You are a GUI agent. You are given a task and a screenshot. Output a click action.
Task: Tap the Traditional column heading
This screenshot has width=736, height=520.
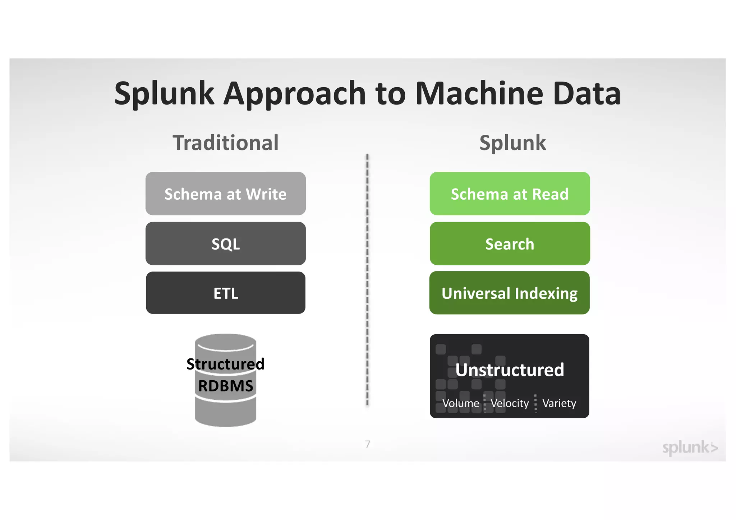click(x=225, y=143)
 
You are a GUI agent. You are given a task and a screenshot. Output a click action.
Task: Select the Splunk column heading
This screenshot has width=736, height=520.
click(x=512, y=143)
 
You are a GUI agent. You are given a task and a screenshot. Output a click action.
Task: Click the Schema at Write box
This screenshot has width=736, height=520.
click(x=225, y=194)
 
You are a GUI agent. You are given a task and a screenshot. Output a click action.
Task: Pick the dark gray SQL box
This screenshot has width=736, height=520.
click(x=225, y=244)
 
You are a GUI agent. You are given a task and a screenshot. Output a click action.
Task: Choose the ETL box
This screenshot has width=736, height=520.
click(x=225, y=293)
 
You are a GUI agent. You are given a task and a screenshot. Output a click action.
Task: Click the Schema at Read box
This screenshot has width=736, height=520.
click(x=510, y=194)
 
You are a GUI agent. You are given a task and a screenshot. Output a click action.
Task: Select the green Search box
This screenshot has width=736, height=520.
click(x=510, y=244)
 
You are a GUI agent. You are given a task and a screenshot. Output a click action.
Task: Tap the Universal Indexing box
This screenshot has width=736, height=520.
click(x=510, y=293)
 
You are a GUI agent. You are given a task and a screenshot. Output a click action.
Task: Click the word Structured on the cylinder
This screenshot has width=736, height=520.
click(x=225, y=364)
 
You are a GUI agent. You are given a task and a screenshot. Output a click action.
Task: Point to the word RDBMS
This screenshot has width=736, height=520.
click(x=225, y=386)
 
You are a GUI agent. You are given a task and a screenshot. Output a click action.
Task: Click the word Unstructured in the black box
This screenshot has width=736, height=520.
click(x=510, y=370)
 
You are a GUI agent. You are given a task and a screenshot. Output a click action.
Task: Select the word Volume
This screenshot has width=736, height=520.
click(x=460, y=403)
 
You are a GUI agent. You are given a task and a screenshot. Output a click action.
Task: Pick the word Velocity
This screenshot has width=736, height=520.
click(x=510, y=403)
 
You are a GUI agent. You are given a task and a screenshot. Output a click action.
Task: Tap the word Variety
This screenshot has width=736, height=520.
click(x=559, y=403)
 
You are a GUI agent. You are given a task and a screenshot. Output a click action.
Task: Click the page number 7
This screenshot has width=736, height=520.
click(x=368, y=444)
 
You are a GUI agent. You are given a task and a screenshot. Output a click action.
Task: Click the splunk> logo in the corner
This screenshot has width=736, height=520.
click(x=690, y=447)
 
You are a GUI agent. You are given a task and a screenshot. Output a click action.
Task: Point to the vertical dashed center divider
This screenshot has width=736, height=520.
click(x=367, y=280)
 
